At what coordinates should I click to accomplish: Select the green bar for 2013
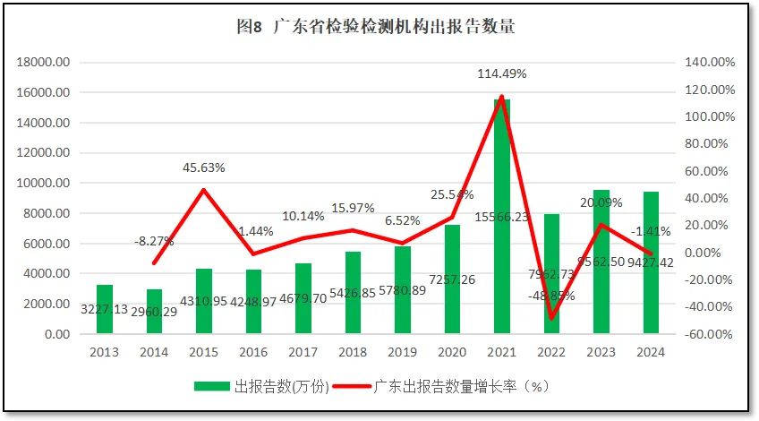[x=105, y=310]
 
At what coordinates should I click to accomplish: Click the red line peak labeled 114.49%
[x=502, y=97]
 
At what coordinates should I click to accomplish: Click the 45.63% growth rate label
[x=204, y=168]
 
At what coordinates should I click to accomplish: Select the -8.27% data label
[x=154, y=241]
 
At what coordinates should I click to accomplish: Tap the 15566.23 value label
[x=502, y=217]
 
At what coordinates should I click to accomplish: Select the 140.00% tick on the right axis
[x=710, y=63]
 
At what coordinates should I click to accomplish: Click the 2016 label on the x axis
[x=253, y=351]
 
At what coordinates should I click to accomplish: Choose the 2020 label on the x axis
[x=452, y=351]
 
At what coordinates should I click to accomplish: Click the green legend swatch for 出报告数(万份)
[x=212, y=387]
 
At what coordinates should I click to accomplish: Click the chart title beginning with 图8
[x=376, y=27]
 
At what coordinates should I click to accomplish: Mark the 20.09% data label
[x=601, y=202]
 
